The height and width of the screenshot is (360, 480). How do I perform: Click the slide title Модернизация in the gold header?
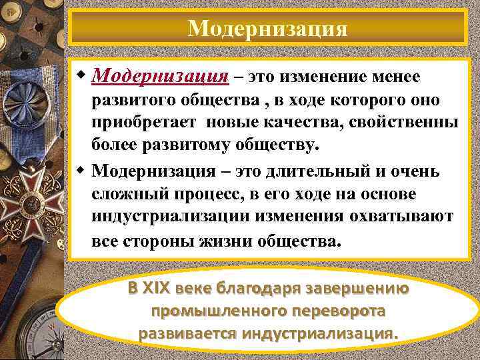pyautogui.click(x=267, y=29)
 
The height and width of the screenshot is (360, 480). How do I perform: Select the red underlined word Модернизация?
pyautogui.click(x=160, y=77)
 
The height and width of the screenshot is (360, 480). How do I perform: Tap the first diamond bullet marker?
pyautogui.click(x=81, y=75)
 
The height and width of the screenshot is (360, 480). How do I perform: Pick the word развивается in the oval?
pyautogui.click(x=179, y=332)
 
